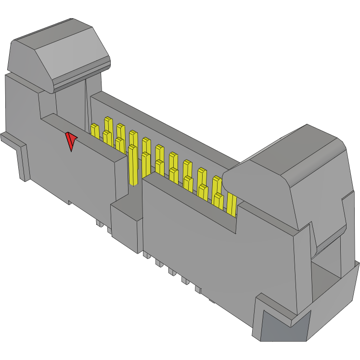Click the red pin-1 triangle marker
[71, 141]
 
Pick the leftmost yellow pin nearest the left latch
[95, 129]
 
